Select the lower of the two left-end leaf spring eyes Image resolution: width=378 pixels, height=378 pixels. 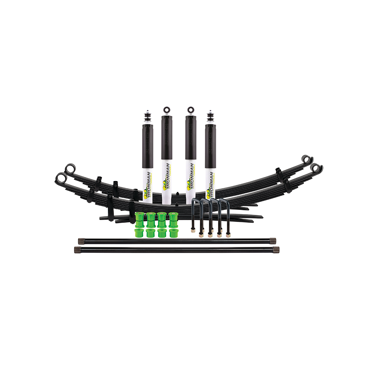pyautogui.click(x=60, y=177)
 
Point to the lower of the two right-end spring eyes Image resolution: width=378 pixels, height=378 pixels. pyautogui.click(x=317, y=168)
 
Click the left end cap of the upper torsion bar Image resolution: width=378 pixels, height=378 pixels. pyautogui.click(x=81, y=240)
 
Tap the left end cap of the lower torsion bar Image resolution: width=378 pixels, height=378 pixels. pyautogui.click(x=77, y=249)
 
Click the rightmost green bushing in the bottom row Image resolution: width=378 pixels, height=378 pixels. pyautogui.click(x=173, y=232)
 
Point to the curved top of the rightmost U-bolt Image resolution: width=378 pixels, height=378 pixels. pyautogui.click(x=225, y=201)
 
